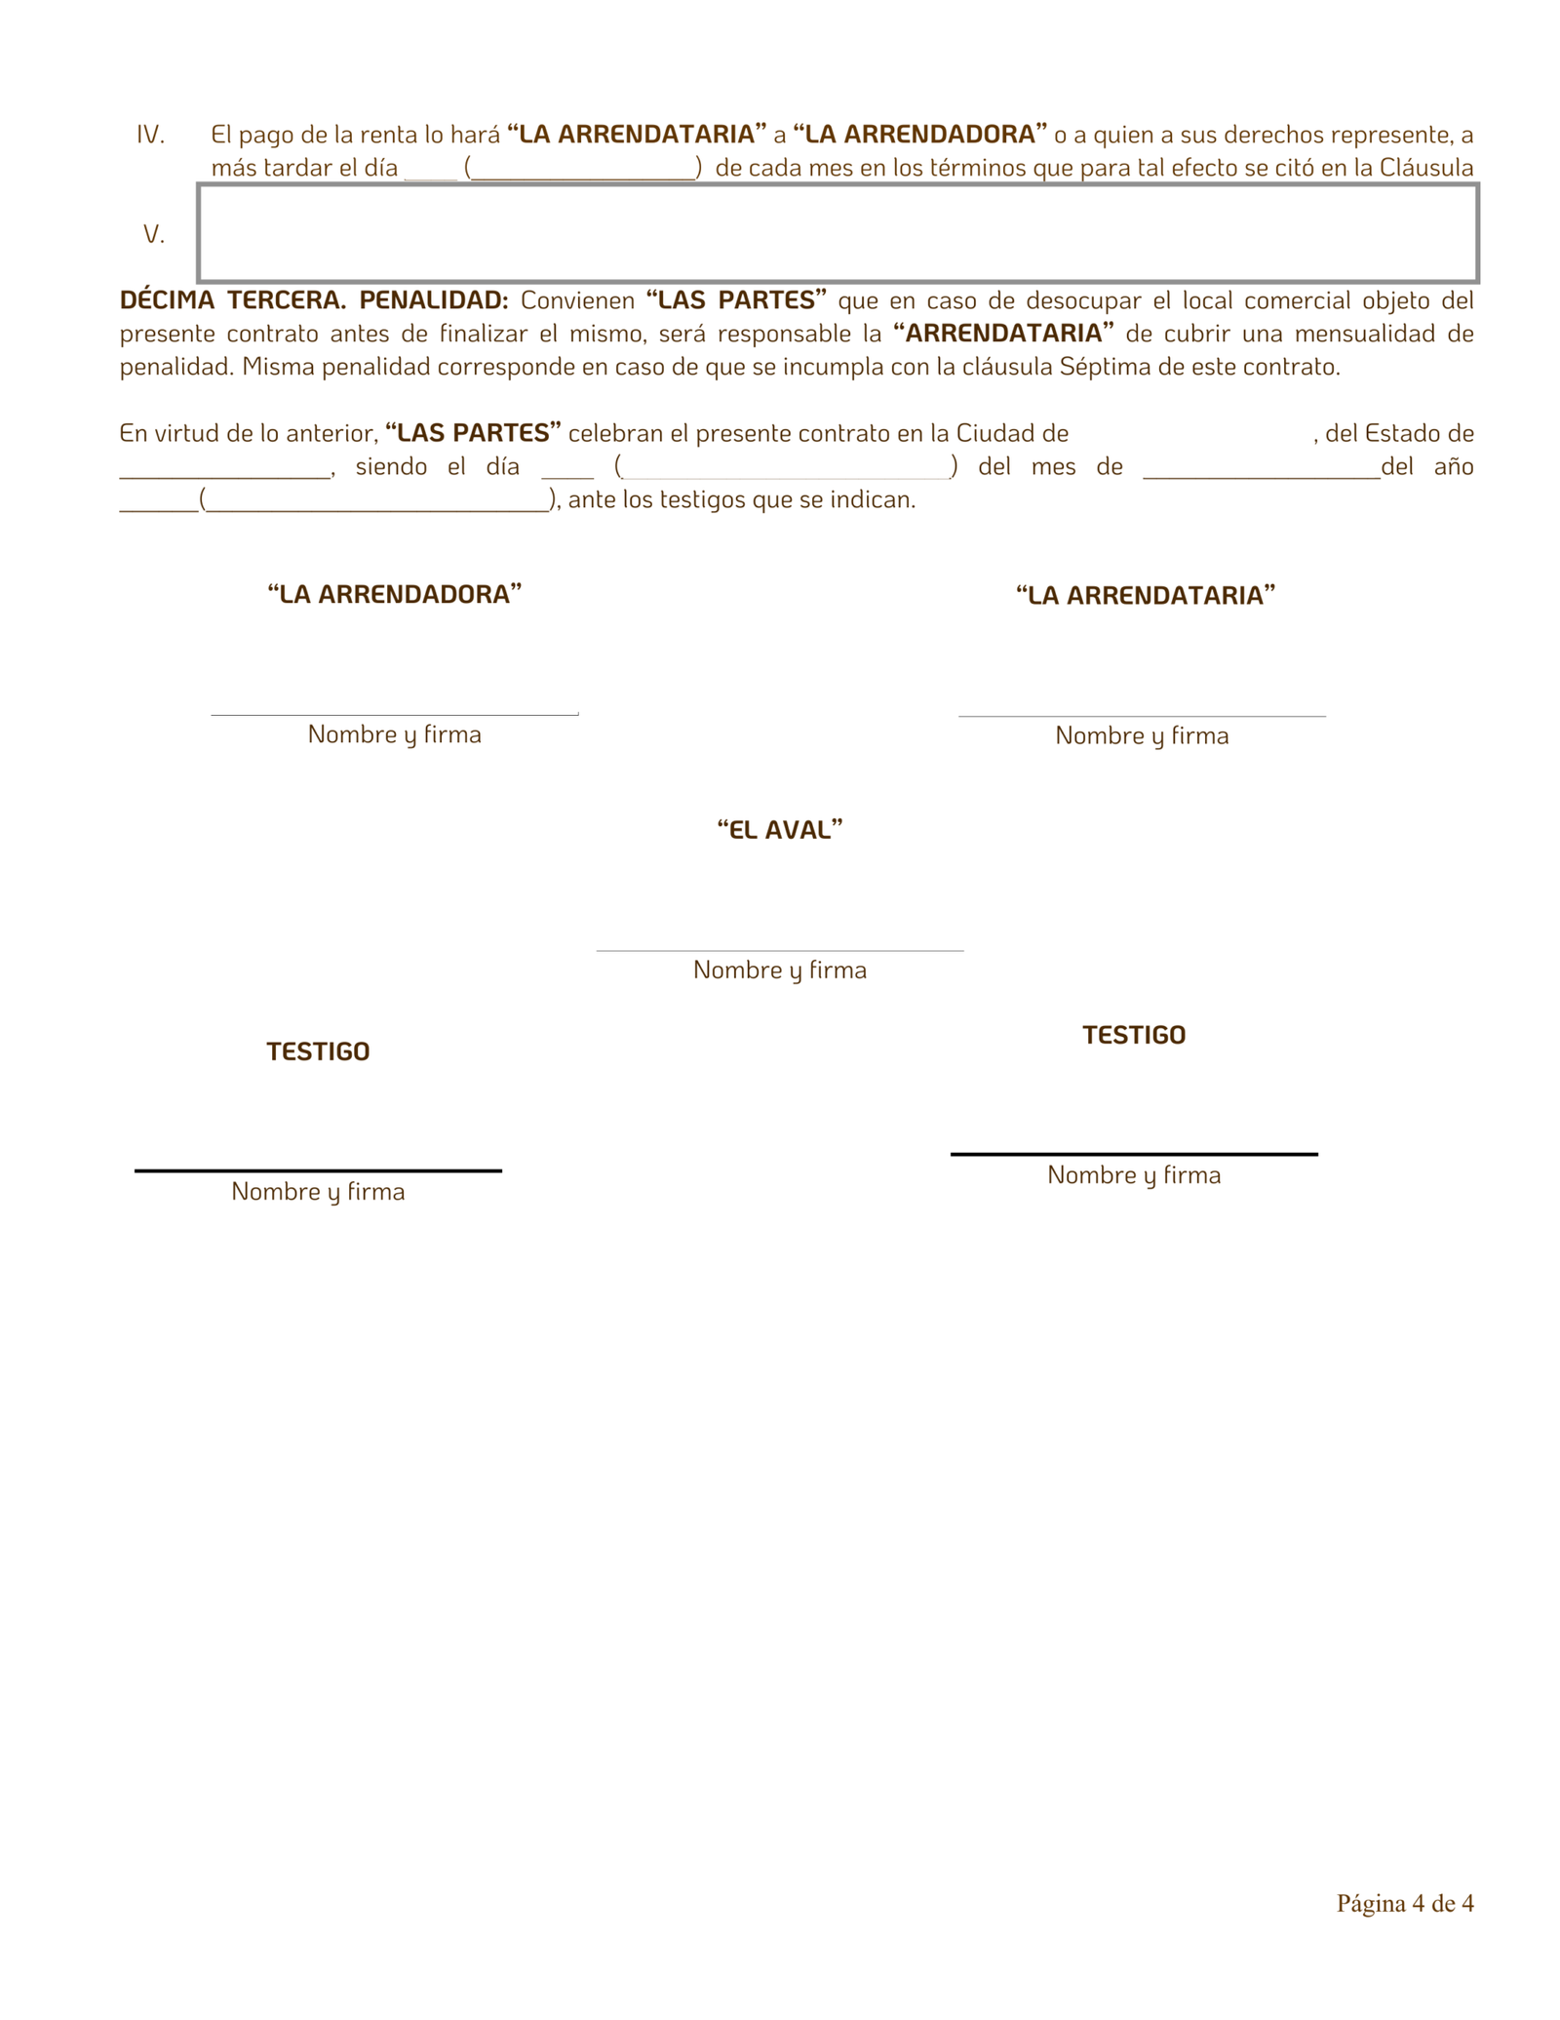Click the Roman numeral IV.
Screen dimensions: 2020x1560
tap(150, 135)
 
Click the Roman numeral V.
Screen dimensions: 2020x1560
tap(154, 234)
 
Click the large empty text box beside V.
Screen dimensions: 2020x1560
tap(837, 233)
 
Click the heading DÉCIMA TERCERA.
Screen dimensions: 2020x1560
tap(233, 300)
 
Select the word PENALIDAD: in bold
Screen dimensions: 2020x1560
tap(434, 300)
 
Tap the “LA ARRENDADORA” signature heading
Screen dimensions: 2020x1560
tap(395, 594)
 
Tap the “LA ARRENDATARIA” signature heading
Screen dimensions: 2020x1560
tap(1146, 595)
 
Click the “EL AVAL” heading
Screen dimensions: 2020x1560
tap(780, 829)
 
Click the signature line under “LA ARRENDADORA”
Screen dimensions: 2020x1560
tap(395, 715)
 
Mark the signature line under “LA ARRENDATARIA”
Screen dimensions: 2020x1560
tap(1142, 716)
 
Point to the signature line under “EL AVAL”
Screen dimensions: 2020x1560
tap(780, 950)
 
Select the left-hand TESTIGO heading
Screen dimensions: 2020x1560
tap(318, 1051)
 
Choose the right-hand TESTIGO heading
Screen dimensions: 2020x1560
tap(1134, 1035)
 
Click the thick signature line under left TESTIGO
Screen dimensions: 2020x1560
tap(318, 1170)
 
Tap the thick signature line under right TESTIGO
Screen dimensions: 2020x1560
tap(1134, 1154)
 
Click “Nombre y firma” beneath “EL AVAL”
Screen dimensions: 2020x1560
tap(780, 970)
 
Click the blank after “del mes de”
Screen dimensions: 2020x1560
tap(1262, 474)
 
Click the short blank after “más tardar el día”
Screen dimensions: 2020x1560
tap(431, 176)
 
